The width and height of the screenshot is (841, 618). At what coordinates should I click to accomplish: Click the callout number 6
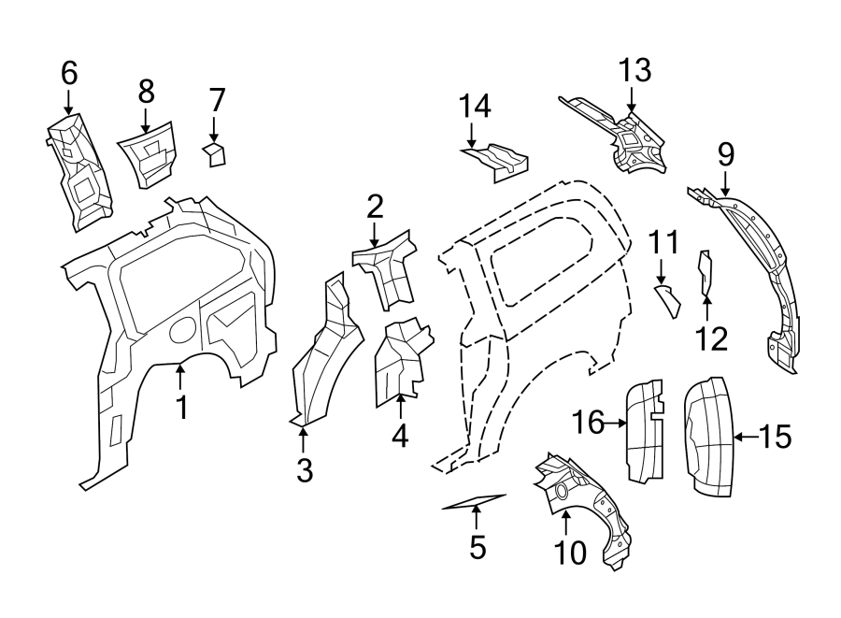point(69,72)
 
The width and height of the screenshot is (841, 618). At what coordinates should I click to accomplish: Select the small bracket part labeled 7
point(216,153)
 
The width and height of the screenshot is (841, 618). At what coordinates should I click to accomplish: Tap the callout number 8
point(146,91)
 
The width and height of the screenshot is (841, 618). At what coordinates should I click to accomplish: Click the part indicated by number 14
point(497,160)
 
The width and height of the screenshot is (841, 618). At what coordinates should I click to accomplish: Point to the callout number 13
point(633,70)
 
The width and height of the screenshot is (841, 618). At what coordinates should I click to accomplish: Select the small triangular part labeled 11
point(668,301)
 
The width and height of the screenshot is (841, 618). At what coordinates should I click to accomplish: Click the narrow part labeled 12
point(706,272)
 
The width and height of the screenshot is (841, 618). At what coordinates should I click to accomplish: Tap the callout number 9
point(726,153)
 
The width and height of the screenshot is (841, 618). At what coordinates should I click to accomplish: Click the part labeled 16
point(643,431)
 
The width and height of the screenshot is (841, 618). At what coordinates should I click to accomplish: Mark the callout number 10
point(570,553)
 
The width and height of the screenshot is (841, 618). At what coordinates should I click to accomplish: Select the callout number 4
point(400,435)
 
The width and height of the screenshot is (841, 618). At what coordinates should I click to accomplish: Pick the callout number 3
point(305,471)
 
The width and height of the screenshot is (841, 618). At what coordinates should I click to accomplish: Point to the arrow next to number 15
point(745,436)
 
